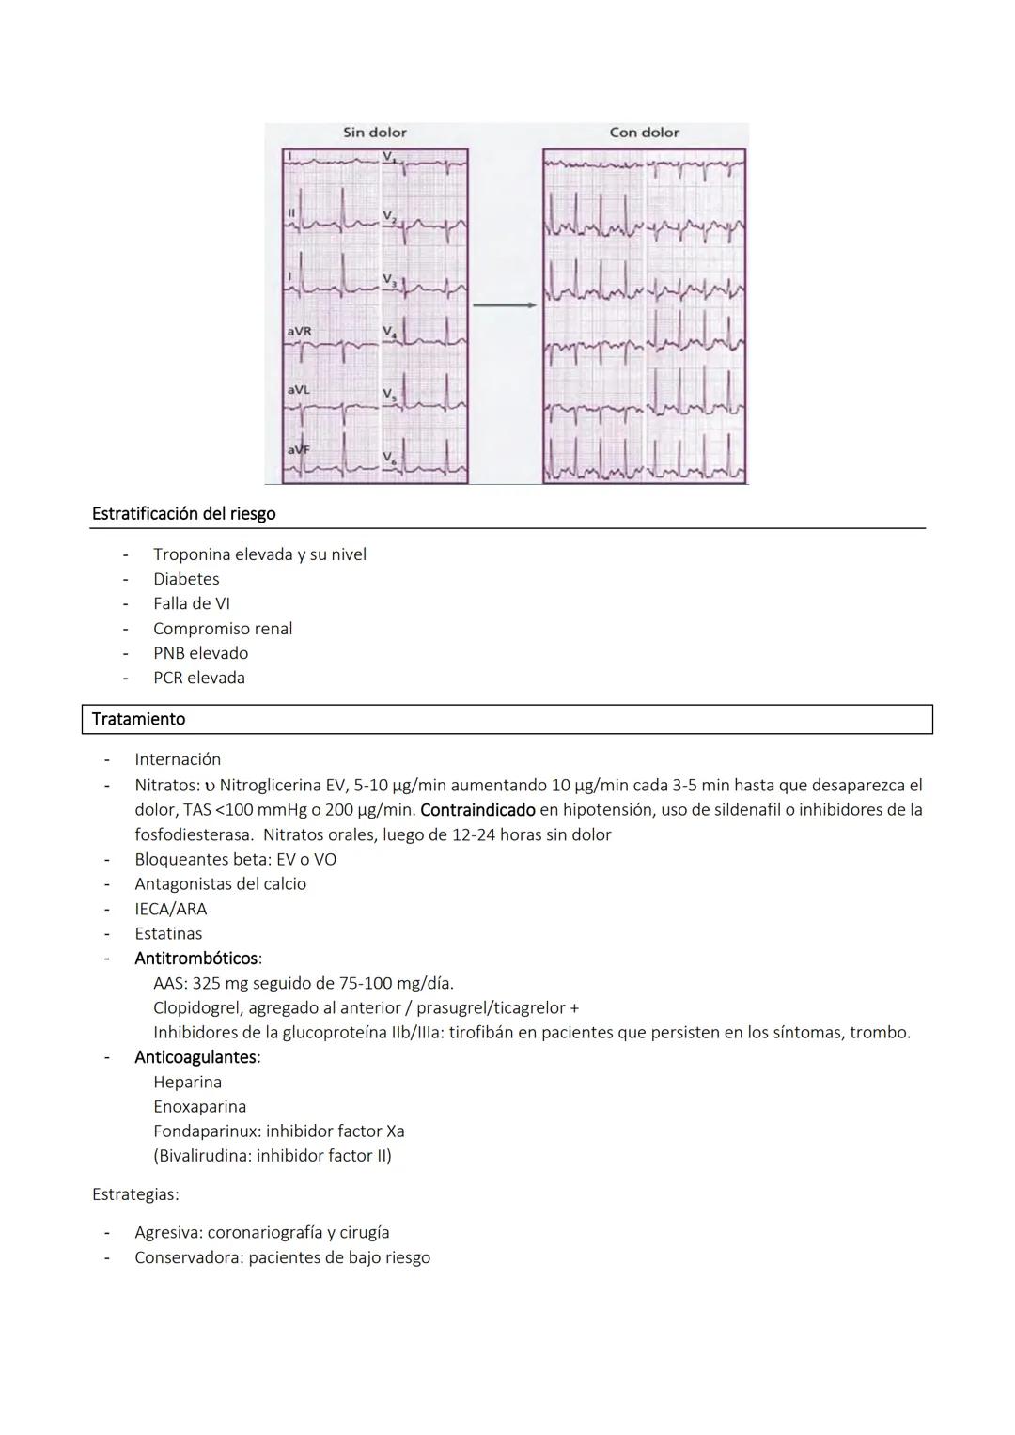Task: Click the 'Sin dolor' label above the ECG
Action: pyautogui.click(x=374, y=133)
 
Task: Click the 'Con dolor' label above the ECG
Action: pyautogui.click(x=644, y=133)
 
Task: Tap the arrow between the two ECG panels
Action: pyautogui.click(x=505, y=305)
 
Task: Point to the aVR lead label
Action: pyautogui.click(x=299, y=332)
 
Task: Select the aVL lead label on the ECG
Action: pyautogui.click(x=298, y=389)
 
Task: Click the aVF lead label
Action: pyautogui.click(x=298, y=449)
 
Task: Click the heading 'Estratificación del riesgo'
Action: pyautogui.click(x=183, y=514)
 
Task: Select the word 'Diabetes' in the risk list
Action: pyautogui.click(x=186, y=579)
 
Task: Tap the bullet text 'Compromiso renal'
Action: pyautogui.click(x=223, y=629)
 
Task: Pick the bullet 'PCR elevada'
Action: pyautogui.click(x=199, y=678)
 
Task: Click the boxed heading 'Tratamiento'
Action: pyautogui.click(x=138, y=719)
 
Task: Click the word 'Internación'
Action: pyautogui.click(x=178, y=759)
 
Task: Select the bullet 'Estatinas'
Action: pyautogui.click(x=168, y=933)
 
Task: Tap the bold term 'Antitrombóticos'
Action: pyautogui.click(x=195, y=959)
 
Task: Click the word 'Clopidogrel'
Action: pyautogui.click(x=195, y=1007)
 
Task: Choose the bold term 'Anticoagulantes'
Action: pyautogui.click(x=195, y=1057)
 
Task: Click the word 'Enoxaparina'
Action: pyautogui.click(x=199, y=1106)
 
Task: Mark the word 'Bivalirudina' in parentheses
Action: pyautogui.click(x=202, y=1156)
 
